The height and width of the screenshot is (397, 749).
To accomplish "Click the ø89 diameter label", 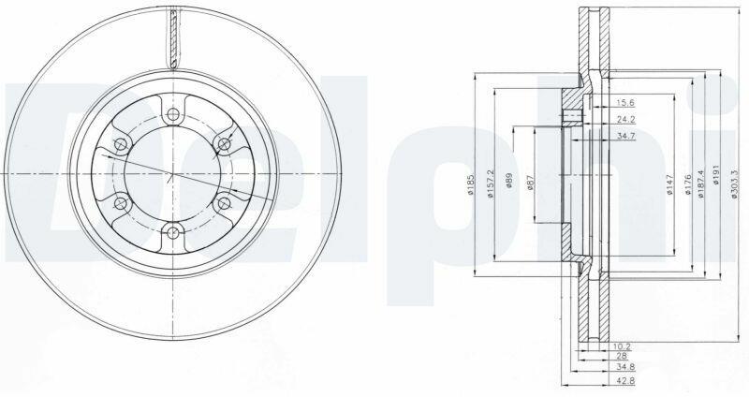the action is pyautogui.click(x=509, y=181).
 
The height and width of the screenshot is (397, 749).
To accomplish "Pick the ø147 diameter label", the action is pyautogui.click(x=669, y=185).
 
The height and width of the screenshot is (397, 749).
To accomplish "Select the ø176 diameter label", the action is pyautogui.click(x=688, y=185).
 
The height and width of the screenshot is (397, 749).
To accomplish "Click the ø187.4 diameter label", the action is pyautogui.click(x=701, y=184).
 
